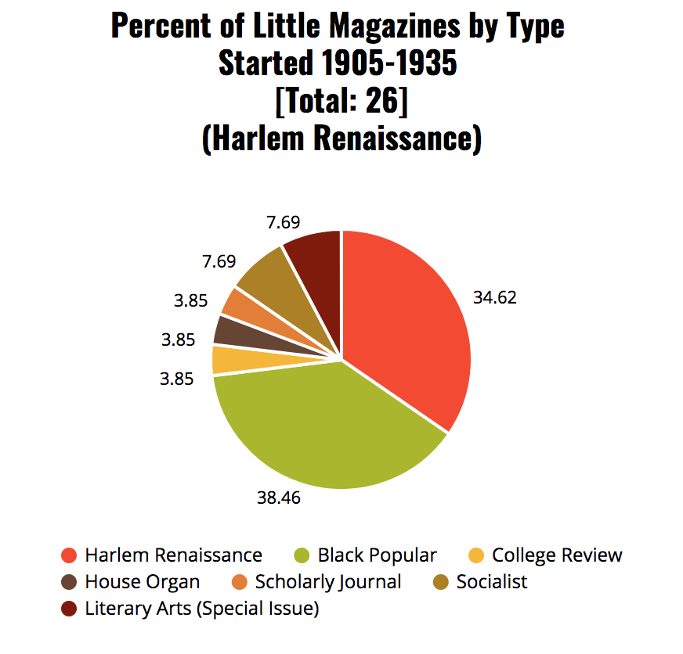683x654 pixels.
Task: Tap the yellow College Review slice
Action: (x=227, y=360)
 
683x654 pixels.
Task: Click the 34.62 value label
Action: (x=495, y=297)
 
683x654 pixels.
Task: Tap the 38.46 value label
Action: (x=279, y=497)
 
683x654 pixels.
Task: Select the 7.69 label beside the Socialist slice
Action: (x=219, y=261)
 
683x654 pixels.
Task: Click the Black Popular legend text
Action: (x=377, y=555)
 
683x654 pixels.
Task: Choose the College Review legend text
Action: (x=557, y=555)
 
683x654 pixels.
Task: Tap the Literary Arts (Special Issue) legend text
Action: (x=202, y=608)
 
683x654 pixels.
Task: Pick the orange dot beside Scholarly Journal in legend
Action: (x=240, y=582)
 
